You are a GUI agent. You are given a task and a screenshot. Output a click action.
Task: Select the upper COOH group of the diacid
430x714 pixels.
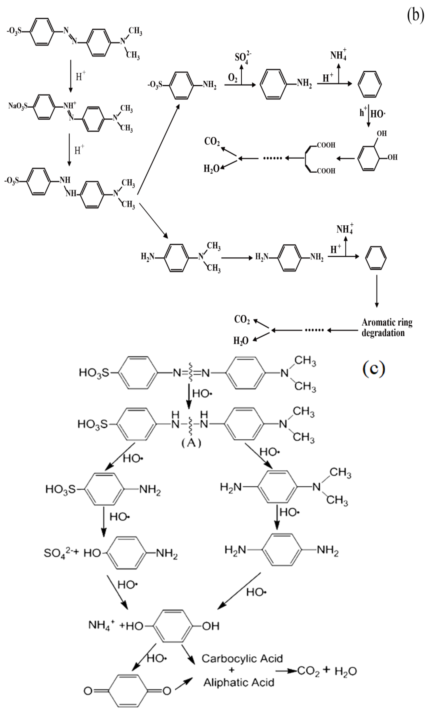pyautogui.click(x=326, y=145)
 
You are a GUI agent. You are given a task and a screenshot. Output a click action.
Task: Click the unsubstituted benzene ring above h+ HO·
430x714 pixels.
pyautogui.click(x=369, y=84)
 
